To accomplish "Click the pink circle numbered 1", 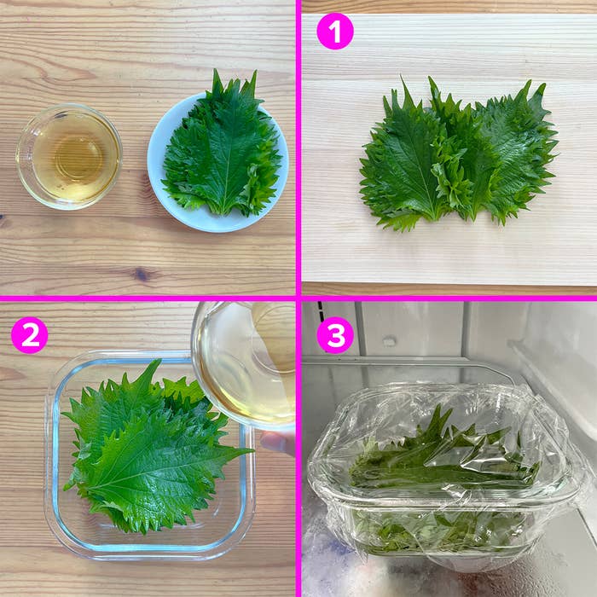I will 334,32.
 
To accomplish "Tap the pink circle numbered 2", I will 30,335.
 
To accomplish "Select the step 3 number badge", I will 334,335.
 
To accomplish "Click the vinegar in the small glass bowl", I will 69,158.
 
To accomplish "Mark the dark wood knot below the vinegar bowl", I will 142,275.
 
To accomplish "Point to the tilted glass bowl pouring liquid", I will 243,362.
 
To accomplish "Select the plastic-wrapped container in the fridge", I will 443,478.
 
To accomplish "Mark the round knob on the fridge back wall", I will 389,341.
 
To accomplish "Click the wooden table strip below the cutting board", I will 448,289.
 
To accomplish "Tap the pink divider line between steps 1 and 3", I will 448,298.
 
